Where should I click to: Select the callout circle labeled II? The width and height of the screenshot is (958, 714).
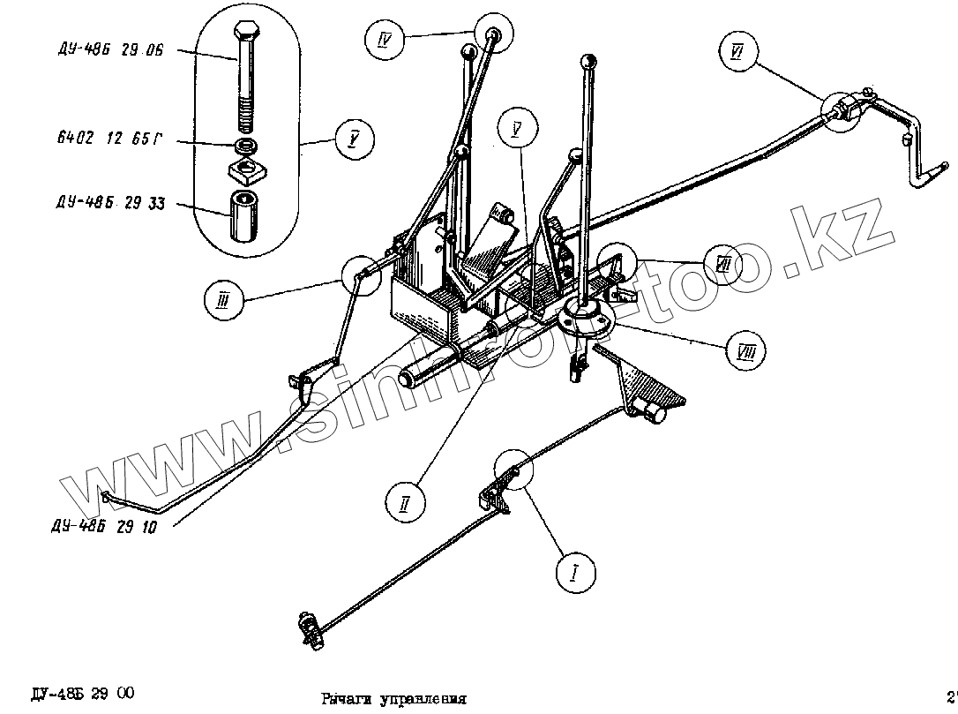pos(405,503)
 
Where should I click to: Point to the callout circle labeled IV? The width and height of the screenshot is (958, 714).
pos(385,40)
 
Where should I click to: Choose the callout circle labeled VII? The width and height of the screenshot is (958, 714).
pos(723,264)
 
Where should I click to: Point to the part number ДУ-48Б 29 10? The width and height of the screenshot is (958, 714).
pos(104,528)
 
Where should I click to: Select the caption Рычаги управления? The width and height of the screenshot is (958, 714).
pos(393,698)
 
